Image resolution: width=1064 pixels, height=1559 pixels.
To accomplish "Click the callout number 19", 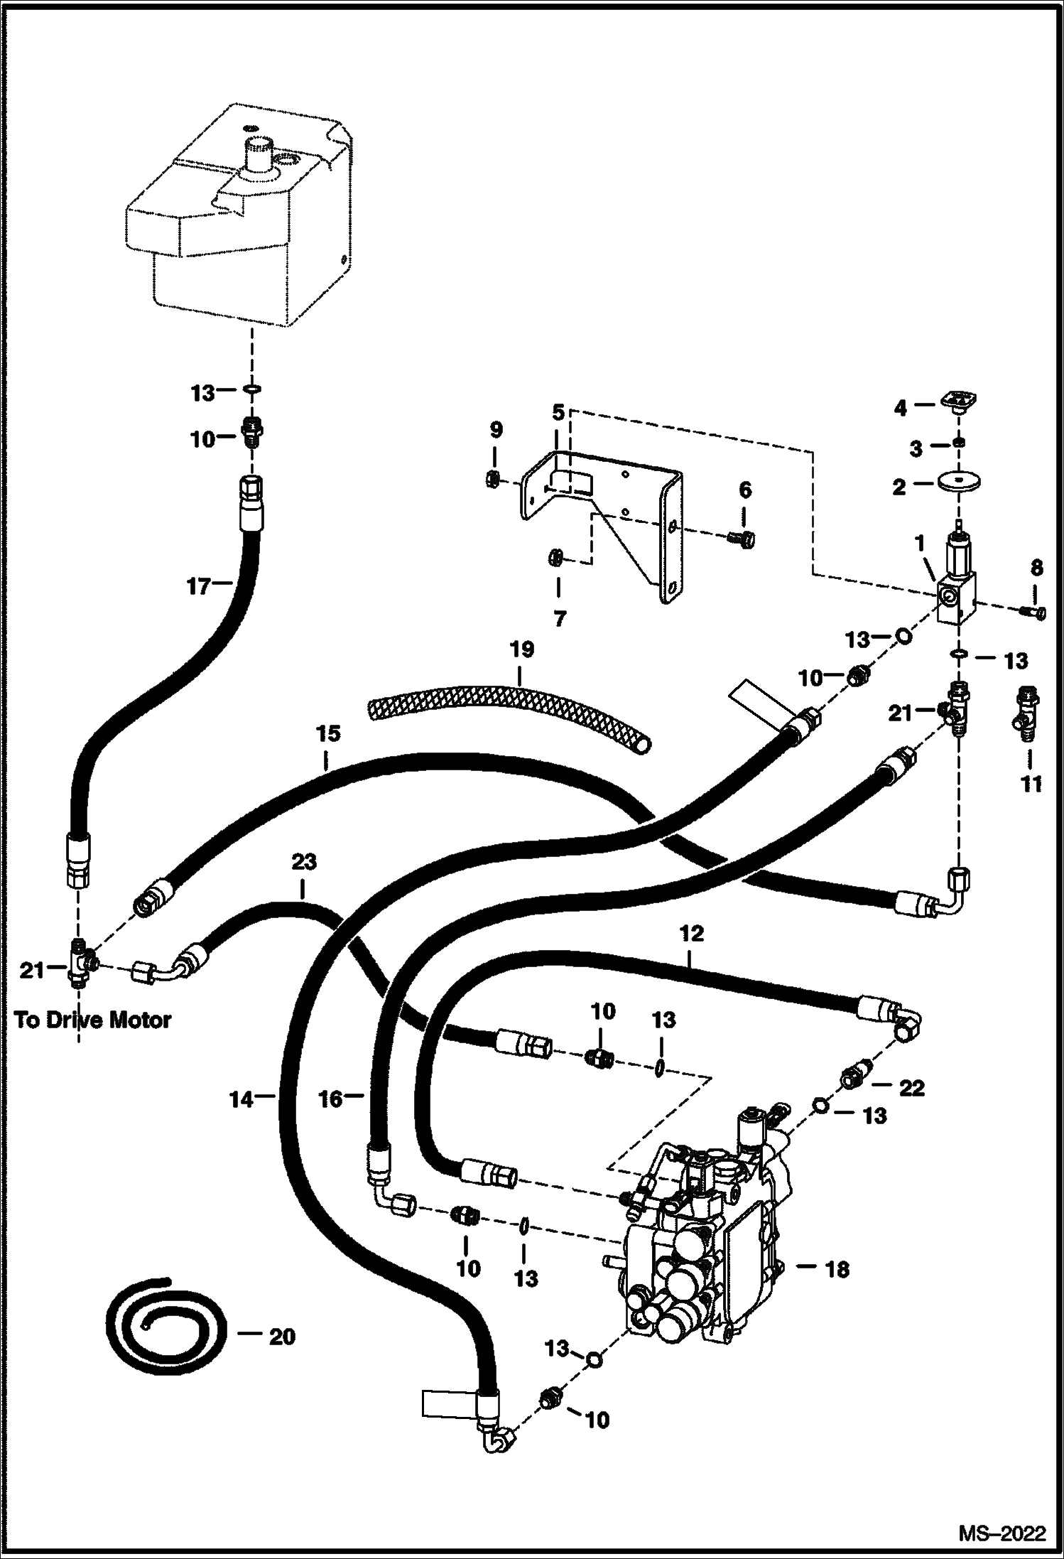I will [x=521, y=650].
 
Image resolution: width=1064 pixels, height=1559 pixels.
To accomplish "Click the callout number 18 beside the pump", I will [x=837, y=1269].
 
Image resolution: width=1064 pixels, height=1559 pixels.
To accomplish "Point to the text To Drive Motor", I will [x=93, y=1020].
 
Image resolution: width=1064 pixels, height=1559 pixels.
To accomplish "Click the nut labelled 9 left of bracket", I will [x=491, y=480].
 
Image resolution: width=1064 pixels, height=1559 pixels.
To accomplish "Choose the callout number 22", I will [x=911, y=1087].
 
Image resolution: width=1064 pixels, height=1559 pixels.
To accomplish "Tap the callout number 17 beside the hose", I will [x=200, y=586].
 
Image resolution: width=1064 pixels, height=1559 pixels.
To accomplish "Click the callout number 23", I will [x=303, y=862].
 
